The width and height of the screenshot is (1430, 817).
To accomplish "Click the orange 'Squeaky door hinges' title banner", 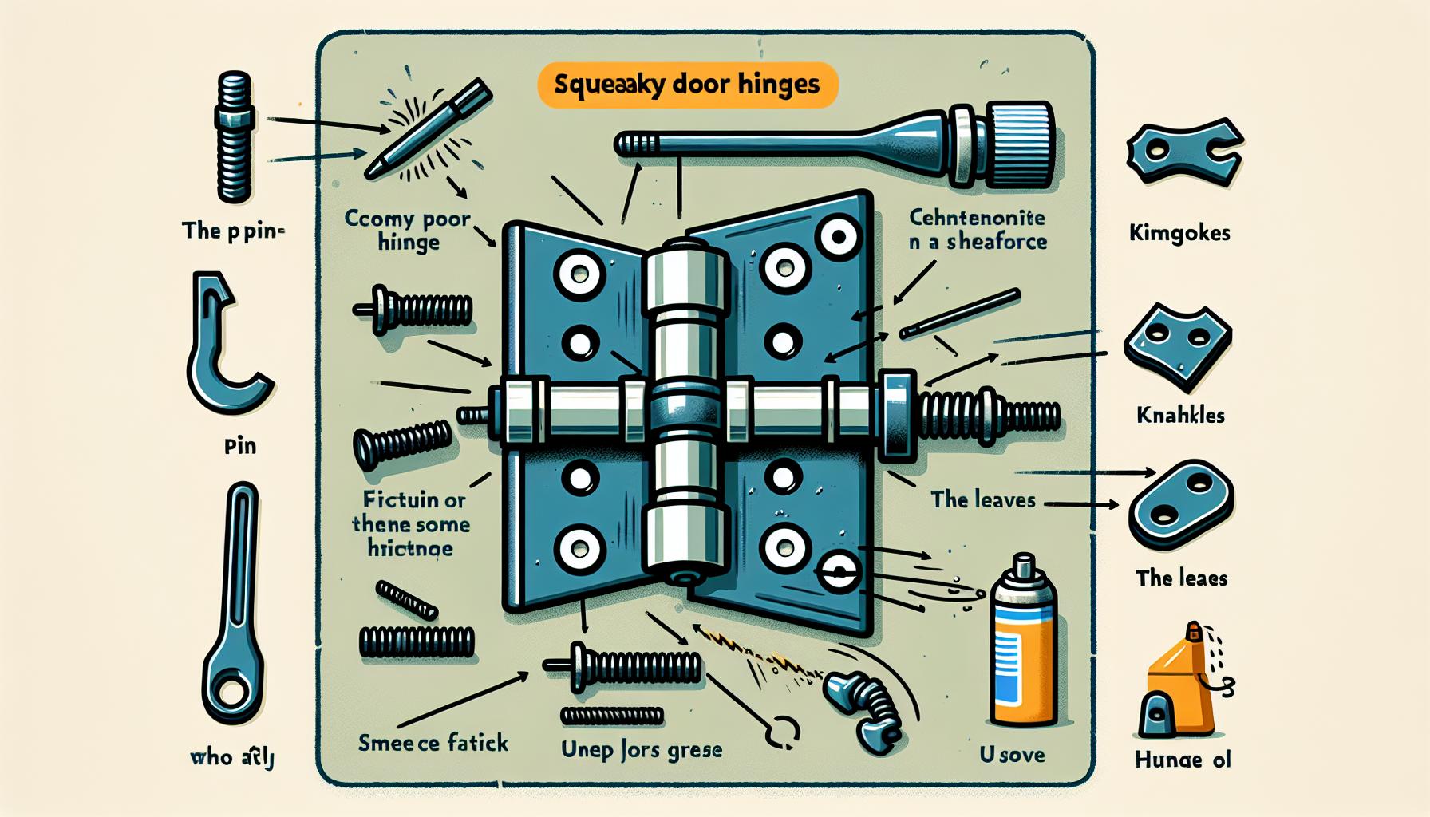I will coord(687,85).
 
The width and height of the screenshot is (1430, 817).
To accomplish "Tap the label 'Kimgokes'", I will coord(1179,233).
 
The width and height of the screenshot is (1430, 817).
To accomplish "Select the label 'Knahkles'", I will coord(1179,415).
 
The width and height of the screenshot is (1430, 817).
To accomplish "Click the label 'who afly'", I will coord(232,756).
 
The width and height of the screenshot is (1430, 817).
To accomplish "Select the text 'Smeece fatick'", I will coord(433,743).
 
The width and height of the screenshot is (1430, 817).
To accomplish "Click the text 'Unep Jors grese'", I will coord(641,750).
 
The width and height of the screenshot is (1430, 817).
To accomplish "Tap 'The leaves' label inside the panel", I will coord(982,500).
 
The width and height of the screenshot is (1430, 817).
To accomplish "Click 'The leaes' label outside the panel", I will coord(1181,578).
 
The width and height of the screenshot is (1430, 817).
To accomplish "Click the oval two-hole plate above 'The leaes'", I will coord(1181,503).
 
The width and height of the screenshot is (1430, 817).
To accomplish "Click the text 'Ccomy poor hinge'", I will coord(408,230).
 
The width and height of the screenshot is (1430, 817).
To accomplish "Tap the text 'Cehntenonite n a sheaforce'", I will coord(978,229).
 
